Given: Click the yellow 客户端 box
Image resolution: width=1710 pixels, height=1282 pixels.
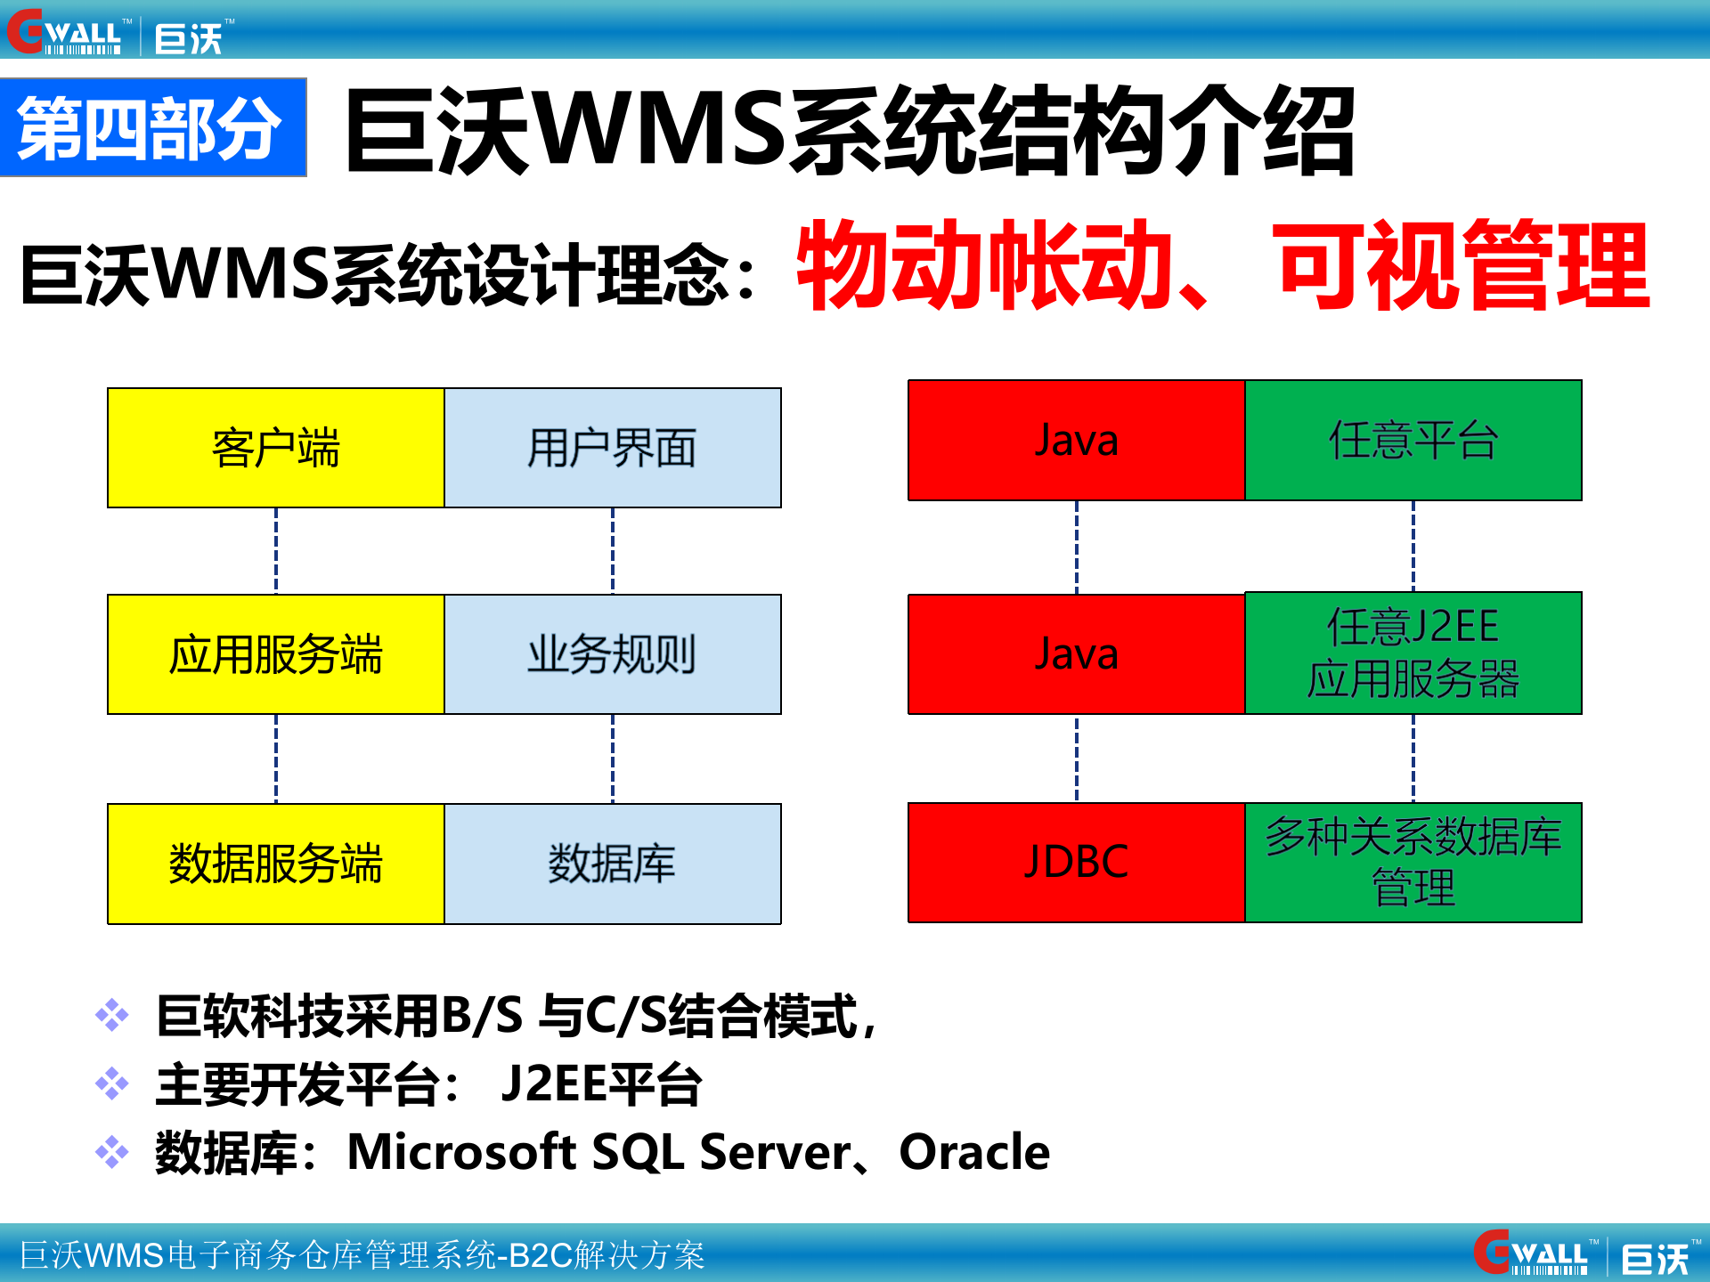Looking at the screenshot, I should click(x=275, y=448).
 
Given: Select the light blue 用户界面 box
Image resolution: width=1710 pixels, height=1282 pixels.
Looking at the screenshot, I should click(x=613, y=448).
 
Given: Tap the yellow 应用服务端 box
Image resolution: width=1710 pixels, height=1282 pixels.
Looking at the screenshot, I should click(x=275, y=654).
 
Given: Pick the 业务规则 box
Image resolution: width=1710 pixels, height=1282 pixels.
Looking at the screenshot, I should click(x=613, y=654).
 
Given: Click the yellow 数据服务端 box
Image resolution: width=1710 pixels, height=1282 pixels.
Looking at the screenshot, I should click(x=275, y=864).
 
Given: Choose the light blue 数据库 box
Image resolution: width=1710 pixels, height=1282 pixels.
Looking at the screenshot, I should click(x=613, y=864).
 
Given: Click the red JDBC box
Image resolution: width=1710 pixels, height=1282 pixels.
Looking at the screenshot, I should click(x=1076, y=862).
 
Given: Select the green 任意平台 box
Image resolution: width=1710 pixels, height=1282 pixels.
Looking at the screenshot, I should click(x=1413, y=440).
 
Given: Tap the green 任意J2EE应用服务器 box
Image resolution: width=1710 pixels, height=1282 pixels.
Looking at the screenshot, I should click(x=1413, y=653).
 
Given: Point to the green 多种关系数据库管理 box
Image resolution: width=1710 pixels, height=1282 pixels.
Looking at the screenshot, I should click(x=1413, y=862).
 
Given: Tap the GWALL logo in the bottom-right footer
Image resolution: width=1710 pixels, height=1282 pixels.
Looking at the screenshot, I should click(x=1534, y=1254).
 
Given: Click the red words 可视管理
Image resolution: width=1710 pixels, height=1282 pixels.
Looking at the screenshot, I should click(x=1463, y=265).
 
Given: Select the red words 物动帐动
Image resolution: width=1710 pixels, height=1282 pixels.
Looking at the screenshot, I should click(x=984, y=265).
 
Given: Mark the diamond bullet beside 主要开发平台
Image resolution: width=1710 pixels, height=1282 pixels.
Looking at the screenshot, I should click(x=112, y=1083).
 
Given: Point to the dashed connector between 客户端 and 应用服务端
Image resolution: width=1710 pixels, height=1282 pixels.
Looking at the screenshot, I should click(x=276, y=550).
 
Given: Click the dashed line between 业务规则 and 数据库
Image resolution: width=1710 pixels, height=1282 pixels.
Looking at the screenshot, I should click(x=613, y=759).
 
